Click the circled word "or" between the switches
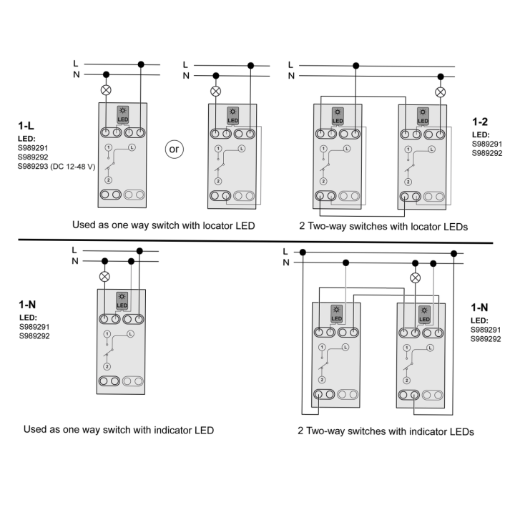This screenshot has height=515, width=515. (x=174, y=149)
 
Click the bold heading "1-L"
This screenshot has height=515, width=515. (x=26, y=126)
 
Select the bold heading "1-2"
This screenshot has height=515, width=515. (x=480, y=122)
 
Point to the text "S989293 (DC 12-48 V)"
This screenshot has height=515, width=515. (x=57, y=167)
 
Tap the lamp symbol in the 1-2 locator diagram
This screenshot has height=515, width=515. (x=440, y=92)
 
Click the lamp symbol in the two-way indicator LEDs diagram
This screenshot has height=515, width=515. (x=415, y=278)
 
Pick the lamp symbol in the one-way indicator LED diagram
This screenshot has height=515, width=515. (x=104, y=277)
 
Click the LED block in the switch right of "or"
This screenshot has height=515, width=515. (x=232, y=116)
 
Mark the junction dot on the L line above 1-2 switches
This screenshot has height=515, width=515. (x=355, y=66)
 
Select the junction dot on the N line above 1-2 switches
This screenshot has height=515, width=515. (x=441, y=77)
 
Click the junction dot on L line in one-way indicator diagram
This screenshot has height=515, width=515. (x=139, y=251)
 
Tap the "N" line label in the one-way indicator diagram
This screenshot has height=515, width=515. (x=75, y=261)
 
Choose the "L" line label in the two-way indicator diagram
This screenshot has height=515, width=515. (x=285, y=252)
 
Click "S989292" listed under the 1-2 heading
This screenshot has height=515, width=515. (x=487, y=153)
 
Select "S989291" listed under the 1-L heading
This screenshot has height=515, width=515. (x=33, y=148)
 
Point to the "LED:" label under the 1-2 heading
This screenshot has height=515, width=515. (x=481, y=134)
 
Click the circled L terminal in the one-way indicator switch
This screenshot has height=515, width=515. (x=130, y=334)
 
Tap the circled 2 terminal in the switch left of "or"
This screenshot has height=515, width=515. (x=109, y=180)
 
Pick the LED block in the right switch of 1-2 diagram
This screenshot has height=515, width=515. (x=423, y=117)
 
